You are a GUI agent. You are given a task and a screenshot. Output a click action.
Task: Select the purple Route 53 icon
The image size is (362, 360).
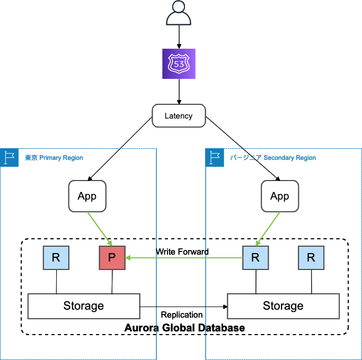(179, 64)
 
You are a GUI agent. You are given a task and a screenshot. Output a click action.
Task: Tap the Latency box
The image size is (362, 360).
(179, 115)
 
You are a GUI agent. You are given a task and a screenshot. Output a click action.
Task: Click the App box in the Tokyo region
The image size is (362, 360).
(87, 196)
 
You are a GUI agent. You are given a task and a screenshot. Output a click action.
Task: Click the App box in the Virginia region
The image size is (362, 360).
(280, 196)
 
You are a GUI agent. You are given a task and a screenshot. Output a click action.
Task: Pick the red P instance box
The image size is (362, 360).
(112, 258)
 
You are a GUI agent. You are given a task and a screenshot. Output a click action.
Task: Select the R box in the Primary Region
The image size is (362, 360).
(56, 258)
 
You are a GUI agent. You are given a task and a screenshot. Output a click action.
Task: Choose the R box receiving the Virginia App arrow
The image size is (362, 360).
(255, 258)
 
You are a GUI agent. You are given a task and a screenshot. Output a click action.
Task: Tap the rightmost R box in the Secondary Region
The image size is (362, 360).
(311, 258)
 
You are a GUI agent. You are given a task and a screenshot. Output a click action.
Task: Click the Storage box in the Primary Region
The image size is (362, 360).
(84, 306)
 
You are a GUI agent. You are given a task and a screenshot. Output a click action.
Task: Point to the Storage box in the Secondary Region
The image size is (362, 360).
(283, 306)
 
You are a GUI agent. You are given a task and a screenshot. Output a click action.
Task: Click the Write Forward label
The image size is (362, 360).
(182, 251)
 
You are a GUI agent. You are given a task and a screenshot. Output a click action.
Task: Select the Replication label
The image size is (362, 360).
(182, 314)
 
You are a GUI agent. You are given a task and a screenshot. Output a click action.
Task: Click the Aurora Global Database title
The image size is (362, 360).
(184, 328)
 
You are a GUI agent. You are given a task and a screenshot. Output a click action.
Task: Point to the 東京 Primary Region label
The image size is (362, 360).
(54, 158)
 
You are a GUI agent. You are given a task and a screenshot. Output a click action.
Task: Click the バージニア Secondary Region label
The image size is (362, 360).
(273, 158)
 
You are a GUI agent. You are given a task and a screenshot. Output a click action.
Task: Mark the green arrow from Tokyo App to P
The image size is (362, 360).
(101, 228)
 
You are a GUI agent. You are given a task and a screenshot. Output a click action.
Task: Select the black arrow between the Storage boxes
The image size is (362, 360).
(183, 306)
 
